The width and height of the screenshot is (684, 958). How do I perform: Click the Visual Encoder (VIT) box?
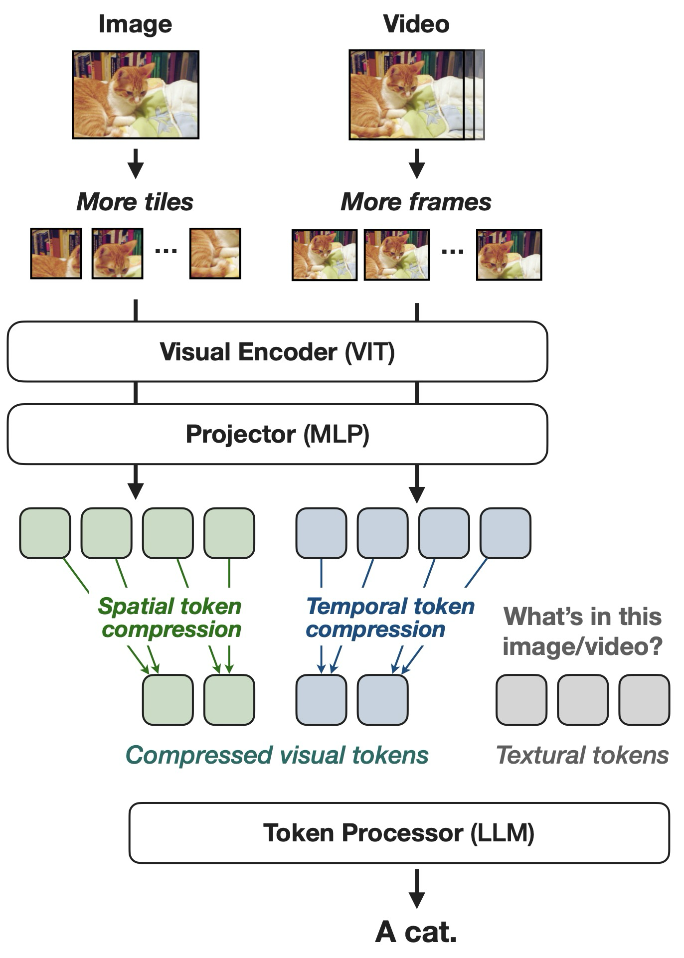coord(277,351)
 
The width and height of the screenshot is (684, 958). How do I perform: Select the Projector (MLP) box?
coord(277,434)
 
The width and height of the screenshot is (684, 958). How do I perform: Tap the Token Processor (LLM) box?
coord(399,833)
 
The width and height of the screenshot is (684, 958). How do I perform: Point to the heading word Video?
coord(416,24)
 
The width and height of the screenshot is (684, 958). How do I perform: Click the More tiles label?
coord(135,202)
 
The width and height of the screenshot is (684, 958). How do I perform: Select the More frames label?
coord(416,202)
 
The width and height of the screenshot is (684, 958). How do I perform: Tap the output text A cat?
coord(416,932)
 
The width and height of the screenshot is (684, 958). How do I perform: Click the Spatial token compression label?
coord(170,618)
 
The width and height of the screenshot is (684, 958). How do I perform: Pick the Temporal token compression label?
coord(390,618)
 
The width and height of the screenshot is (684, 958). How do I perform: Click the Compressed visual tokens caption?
coord(277,755)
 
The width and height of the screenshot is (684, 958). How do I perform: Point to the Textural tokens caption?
coord(582,755)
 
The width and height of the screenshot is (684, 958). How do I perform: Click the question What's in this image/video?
coord(582,632)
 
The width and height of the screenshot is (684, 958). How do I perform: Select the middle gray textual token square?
coord(583,700)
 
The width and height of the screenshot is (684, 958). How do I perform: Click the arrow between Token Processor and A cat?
coord(416,889)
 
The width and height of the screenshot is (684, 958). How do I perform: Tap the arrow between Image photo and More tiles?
coord(135,163)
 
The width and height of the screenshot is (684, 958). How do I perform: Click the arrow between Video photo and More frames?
coord(416,163)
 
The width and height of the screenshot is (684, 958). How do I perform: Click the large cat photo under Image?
coord(136,95)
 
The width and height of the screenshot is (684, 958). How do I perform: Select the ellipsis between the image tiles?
coord(166,251)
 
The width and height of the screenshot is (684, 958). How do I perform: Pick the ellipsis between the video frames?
coord(453,252)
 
